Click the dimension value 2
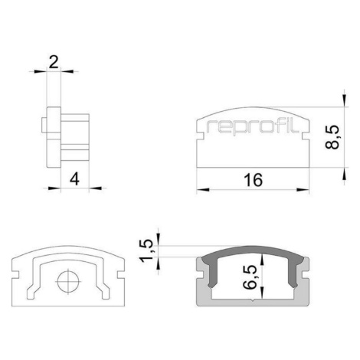click(54, 61)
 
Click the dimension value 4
click(74, 178)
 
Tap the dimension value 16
click(253, 180)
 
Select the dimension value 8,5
click(332, 137)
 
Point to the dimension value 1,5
click(146, 250)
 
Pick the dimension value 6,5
click(250, 277)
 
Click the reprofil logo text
click(252, 127)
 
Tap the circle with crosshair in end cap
click(68, 282)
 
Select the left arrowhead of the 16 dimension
click(203, 190)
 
